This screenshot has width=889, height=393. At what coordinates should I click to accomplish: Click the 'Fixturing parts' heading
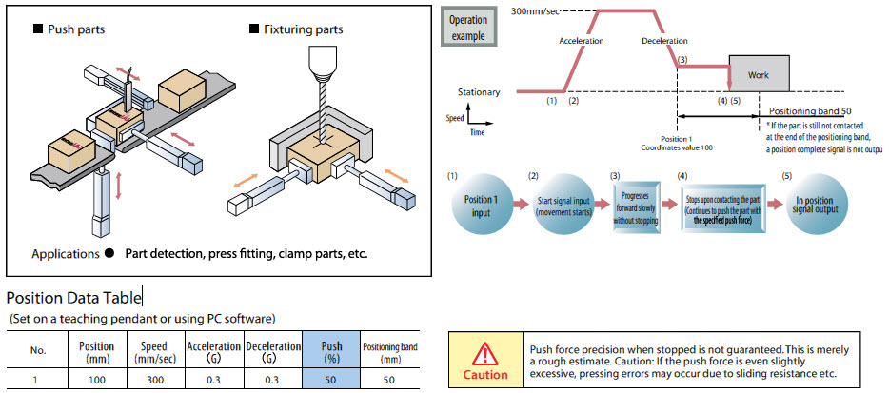pyautogui.click(x=302, y=29)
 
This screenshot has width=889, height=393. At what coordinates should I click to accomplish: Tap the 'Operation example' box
pyautogui.click(x=468, y=28)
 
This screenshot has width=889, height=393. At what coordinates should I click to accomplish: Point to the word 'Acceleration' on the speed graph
pyautogui.click(x=582, y=42)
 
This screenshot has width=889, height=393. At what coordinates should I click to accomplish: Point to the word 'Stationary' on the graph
pyautogui.click(x=479, y=92)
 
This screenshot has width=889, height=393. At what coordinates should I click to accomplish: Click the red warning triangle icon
pyautogui.click(x=485, y=354)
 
